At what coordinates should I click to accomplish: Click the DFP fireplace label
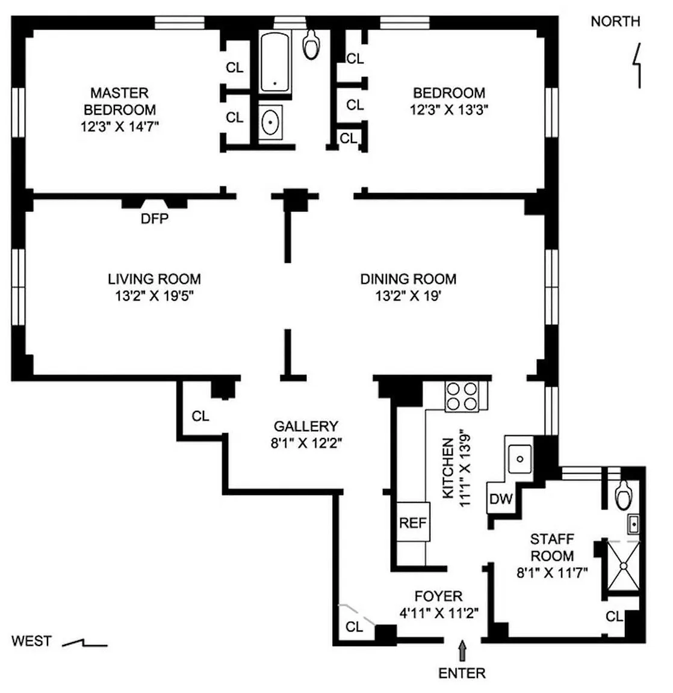(154, 218)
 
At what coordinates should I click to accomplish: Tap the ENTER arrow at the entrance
(462, 650)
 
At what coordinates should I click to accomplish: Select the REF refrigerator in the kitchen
(413, 522)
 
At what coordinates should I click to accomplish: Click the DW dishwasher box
(501, 498)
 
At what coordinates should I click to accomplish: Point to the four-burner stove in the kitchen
(462, 396)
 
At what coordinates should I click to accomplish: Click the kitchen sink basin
(520, 459)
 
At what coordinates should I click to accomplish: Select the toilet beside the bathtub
(311, 44)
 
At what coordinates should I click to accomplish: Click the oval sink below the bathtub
(270, 123)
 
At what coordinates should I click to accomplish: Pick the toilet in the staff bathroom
(624, 495)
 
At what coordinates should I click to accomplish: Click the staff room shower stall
(624, 565)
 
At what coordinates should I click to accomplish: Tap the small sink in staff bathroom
(634, 525)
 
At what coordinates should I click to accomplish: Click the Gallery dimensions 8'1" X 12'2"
(306, 443)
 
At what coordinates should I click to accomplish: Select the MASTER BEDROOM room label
(119, 101)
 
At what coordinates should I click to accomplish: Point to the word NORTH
(616, 21)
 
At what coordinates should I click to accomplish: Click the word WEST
(31, 641)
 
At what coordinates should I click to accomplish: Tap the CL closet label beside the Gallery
(200, 416)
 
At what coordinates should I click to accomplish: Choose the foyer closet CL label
(354, 626)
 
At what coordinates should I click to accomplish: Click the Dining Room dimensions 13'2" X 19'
(408, 296)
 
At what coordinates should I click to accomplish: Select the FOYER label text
(439, 596)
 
